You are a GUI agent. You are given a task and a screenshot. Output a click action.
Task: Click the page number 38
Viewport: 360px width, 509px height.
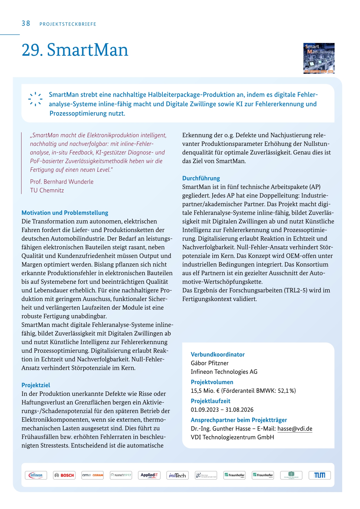(x=26, y=24)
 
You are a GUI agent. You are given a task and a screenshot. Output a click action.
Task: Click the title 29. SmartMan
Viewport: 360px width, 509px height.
(x=75, y=50)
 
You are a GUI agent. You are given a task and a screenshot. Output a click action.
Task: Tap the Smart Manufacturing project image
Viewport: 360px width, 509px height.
(x=319, y=58)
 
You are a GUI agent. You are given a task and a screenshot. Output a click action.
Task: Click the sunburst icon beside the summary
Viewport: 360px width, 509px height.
(x=35, y=99)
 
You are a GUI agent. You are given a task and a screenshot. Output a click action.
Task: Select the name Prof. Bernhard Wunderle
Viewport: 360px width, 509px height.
(x=62, y=182)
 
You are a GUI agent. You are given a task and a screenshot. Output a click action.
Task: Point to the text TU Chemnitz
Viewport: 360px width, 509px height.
(x=47, y=191)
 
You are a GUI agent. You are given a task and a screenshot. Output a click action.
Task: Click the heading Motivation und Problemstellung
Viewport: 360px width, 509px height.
(x=65, y=213)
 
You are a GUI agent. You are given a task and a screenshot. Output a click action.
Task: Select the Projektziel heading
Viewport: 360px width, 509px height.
(x=36, y=385)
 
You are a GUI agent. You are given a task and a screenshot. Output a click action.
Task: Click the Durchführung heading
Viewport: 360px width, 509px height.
(x=201, y=178)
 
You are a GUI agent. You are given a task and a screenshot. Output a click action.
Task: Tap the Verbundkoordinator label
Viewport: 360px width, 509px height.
(x=218, y=354)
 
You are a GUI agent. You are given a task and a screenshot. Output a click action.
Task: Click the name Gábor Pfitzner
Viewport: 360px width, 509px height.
(x=210, y=363)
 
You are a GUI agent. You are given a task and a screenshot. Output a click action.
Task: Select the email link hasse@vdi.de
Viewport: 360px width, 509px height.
(x=295, y=429)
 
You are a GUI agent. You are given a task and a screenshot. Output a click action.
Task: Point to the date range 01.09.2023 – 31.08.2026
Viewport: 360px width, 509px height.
(x=222, y=410)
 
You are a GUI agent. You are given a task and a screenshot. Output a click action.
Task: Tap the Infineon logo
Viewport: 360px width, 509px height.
(x=36, y=475)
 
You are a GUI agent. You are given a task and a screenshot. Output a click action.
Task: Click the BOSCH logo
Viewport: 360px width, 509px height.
(x=64, y=475)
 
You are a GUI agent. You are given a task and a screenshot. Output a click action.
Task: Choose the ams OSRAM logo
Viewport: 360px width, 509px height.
(x=93, y=475)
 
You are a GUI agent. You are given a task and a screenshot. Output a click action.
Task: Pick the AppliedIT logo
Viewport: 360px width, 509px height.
(x=149, y=475)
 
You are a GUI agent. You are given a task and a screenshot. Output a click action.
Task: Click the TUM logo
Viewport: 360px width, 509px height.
(x=319, y=475)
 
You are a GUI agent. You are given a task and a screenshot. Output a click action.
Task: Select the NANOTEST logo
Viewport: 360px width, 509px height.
(x=121, y=475)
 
